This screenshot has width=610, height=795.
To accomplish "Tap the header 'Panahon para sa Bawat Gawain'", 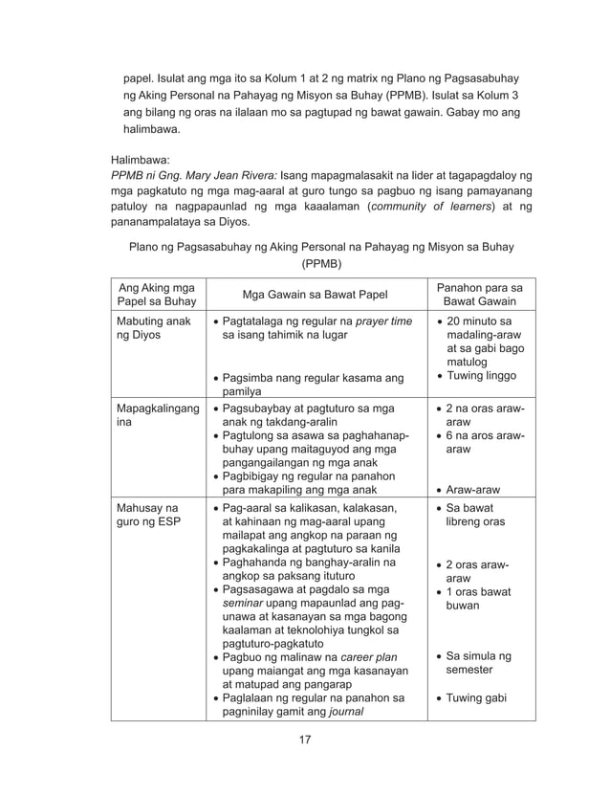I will [479, 295].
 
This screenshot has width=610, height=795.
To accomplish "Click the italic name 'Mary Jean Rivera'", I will [229, 176].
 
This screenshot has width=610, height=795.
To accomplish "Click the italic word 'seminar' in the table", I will [243, 604].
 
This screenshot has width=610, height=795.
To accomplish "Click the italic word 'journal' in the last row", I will [342, 712].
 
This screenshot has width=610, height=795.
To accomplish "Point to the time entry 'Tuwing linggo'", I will [480, 378].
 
